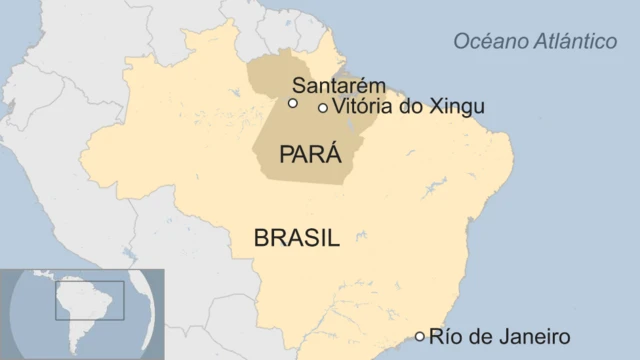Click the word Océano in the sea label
pos(486,41)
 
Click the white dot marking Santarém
pos(292,103)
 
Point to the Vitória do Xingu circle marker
pos(322,108)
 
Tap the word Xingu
pos(456,107)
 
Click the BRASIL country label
pos(297,238)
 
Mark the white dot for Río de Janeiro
pos(420,336)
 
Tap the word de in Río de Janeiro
pos(478,336)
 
